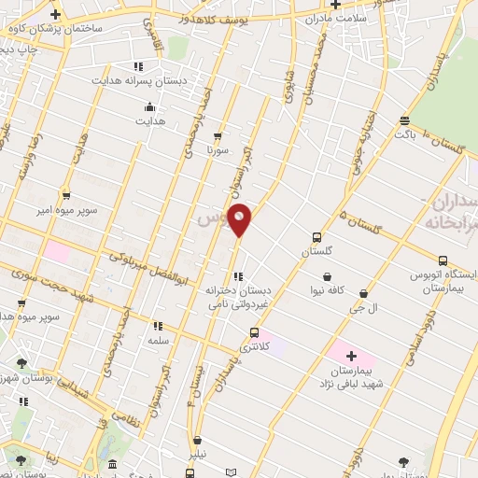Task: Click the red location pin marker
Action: [240, 219]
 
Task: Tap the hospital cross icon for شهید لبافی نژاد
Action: [351, 356]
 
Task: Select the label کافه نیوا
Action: [328, 290]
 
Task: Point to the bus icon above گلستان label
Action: [316, 237]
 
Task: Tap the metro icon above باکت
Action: [404, 119]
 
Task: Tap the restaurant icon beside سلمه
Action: [157, 327]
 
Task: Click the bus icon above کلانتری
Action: [254, 332]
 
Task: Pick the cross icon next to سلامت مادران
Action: [335, 5]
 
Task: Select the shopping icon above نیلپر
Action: [196, 441]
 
